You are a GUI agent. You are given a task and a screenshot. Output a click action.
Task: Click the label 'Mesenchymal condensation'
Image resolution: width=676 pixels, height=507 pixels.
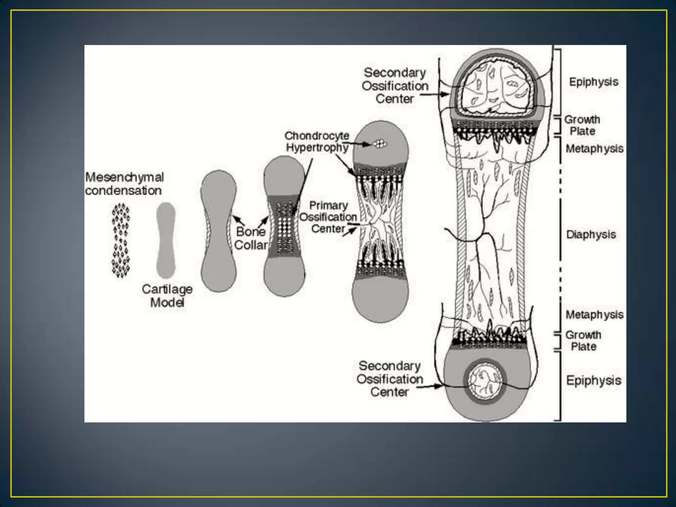[x=124, y=184]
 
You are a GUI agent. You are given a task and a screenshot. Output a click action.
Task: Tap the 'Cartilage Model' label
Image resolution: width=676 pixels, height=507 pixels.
[x=167, y=295]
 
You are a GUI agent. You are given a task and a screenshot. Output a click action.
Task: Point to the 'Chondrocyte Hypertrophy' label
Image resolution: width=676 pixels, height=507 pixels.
[x=317, y=142]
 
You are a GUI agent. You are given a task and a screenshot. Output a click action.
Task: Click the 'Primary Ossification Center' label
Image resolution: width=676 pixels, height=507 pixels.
[x=328, y=217]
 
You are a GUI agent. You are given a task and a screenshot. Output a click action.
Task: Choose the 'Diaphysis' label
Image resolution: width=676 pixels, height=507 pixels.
[x=591, y=235]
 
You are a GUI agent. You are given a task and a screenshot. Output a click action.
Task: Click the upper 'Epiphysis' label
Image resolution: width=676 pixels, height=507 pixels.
[x=593, y=82]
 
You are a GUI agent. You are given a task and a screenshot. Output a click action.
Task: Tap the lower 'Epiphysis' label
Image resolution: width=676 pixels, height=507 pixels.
[x=593, y=380]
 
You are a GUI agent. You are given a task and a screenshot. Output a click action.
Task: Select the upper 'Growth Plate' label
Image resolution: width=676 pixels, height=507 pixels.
[x=582, y=125]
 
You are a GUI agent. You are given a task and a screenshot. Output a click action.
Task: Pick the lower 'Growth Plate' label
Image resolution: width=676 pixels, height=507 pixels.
[x=584, y=341]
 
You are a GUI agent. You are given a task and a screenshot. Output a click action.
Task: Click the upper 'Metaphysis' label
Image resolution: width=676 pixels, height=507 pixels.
[x=594, y=149]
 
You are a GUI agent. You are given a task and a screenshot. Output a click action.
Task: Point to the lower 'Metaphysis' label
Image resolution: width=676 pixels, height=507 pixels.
[x=594, y=315]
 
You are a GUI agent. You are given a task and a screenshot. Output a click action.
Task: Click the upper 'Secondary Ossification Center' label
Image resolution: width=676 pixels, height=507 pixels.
[x=395, y=86]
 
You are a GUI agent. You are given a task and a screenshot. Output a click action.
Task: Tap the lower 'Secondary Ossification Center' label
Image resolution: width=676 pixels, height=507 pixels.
[x=389, y=379]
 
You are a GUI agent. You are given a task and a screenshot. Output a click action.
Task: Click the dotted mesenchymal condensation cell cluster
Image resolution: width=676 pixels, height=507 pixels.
[x=121, y=240]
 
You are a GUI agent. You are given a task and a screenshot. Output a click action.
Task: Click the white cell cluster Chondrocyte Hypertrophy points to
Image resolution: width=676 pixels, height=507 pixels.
[x=380, y=144]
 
